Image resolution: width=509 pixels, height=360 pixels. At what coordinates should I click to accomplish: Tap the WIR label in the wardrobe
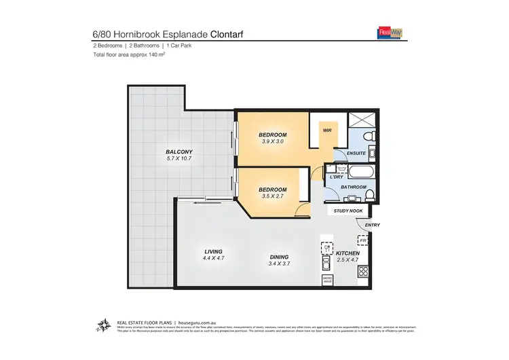(326, 130)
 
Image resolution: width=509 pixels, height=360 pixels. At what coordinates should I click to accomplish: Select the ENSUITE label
(357, 154)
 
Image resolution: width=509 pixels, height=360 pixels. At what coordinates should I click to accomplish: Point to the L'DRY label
(335, 177)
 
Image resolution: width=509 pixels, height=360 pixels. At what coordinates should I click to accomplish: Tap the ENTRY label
(373, 225)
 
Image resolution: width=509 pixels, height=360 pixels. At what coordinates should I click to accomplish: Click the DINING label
(280, 257)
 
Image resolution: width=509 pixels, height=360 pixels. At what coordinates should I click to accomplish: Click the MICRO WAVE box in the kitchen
(326, 279)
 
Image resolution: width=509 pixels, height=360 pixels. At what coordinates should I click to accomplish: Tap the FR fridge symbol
(363, 240)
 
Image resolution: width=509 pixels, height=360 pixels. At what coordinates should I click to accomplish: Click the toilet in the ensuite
(367, 139)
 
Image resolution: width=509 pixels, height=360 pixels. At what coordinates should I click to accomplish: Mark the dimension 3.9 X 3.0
(273, 143)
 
